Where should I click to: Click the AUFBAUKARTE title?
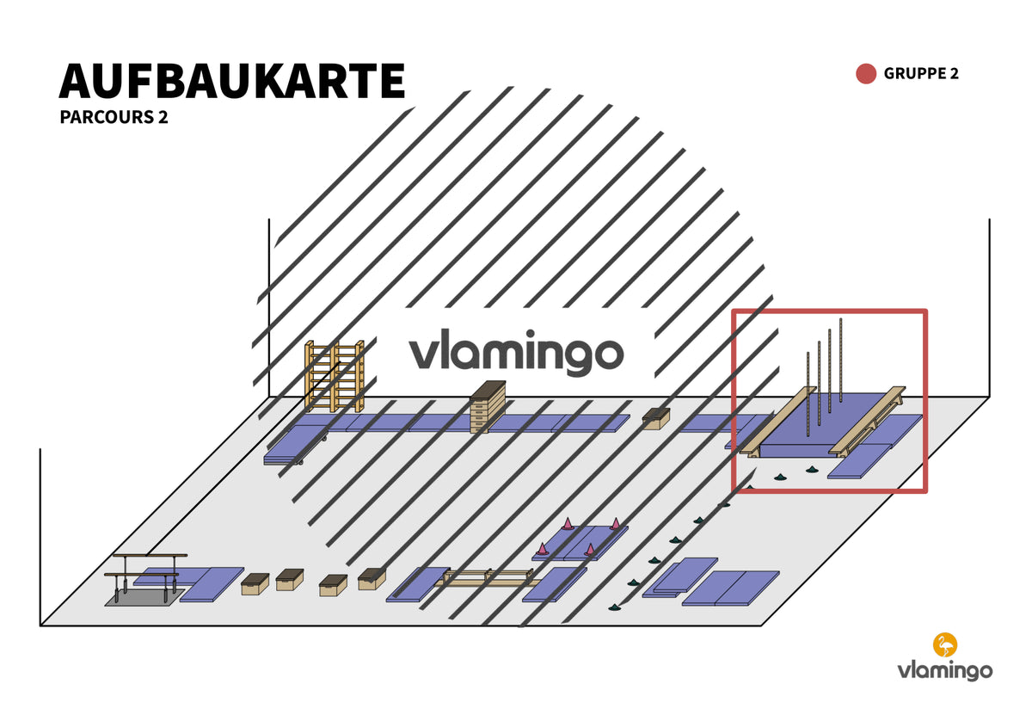231,81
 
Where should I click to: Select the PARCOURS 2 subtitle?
114,117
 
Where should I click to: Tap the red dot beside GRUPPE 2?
866,74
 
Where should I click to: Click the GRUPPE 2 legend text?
920,74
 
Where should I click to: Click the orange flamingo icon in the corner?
945,644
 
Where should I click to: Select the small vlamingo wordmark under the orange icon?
945,671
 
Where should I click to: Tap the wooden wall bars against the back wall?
335,376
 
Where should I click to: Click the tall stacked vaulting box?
488,407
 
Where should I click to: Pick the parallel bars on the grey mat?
145,577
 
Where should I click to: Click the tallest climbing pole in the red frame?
841,360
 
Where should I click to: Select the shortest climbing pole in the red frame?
808,394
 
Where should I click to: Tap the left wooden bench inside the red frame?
777,422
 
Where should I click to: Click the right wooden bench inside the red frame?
867,422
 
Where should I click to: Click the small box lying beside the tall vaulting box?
656,418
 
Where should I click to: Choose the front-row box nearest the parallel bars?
255,584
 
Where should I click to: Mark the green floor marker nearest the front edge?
614,607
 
